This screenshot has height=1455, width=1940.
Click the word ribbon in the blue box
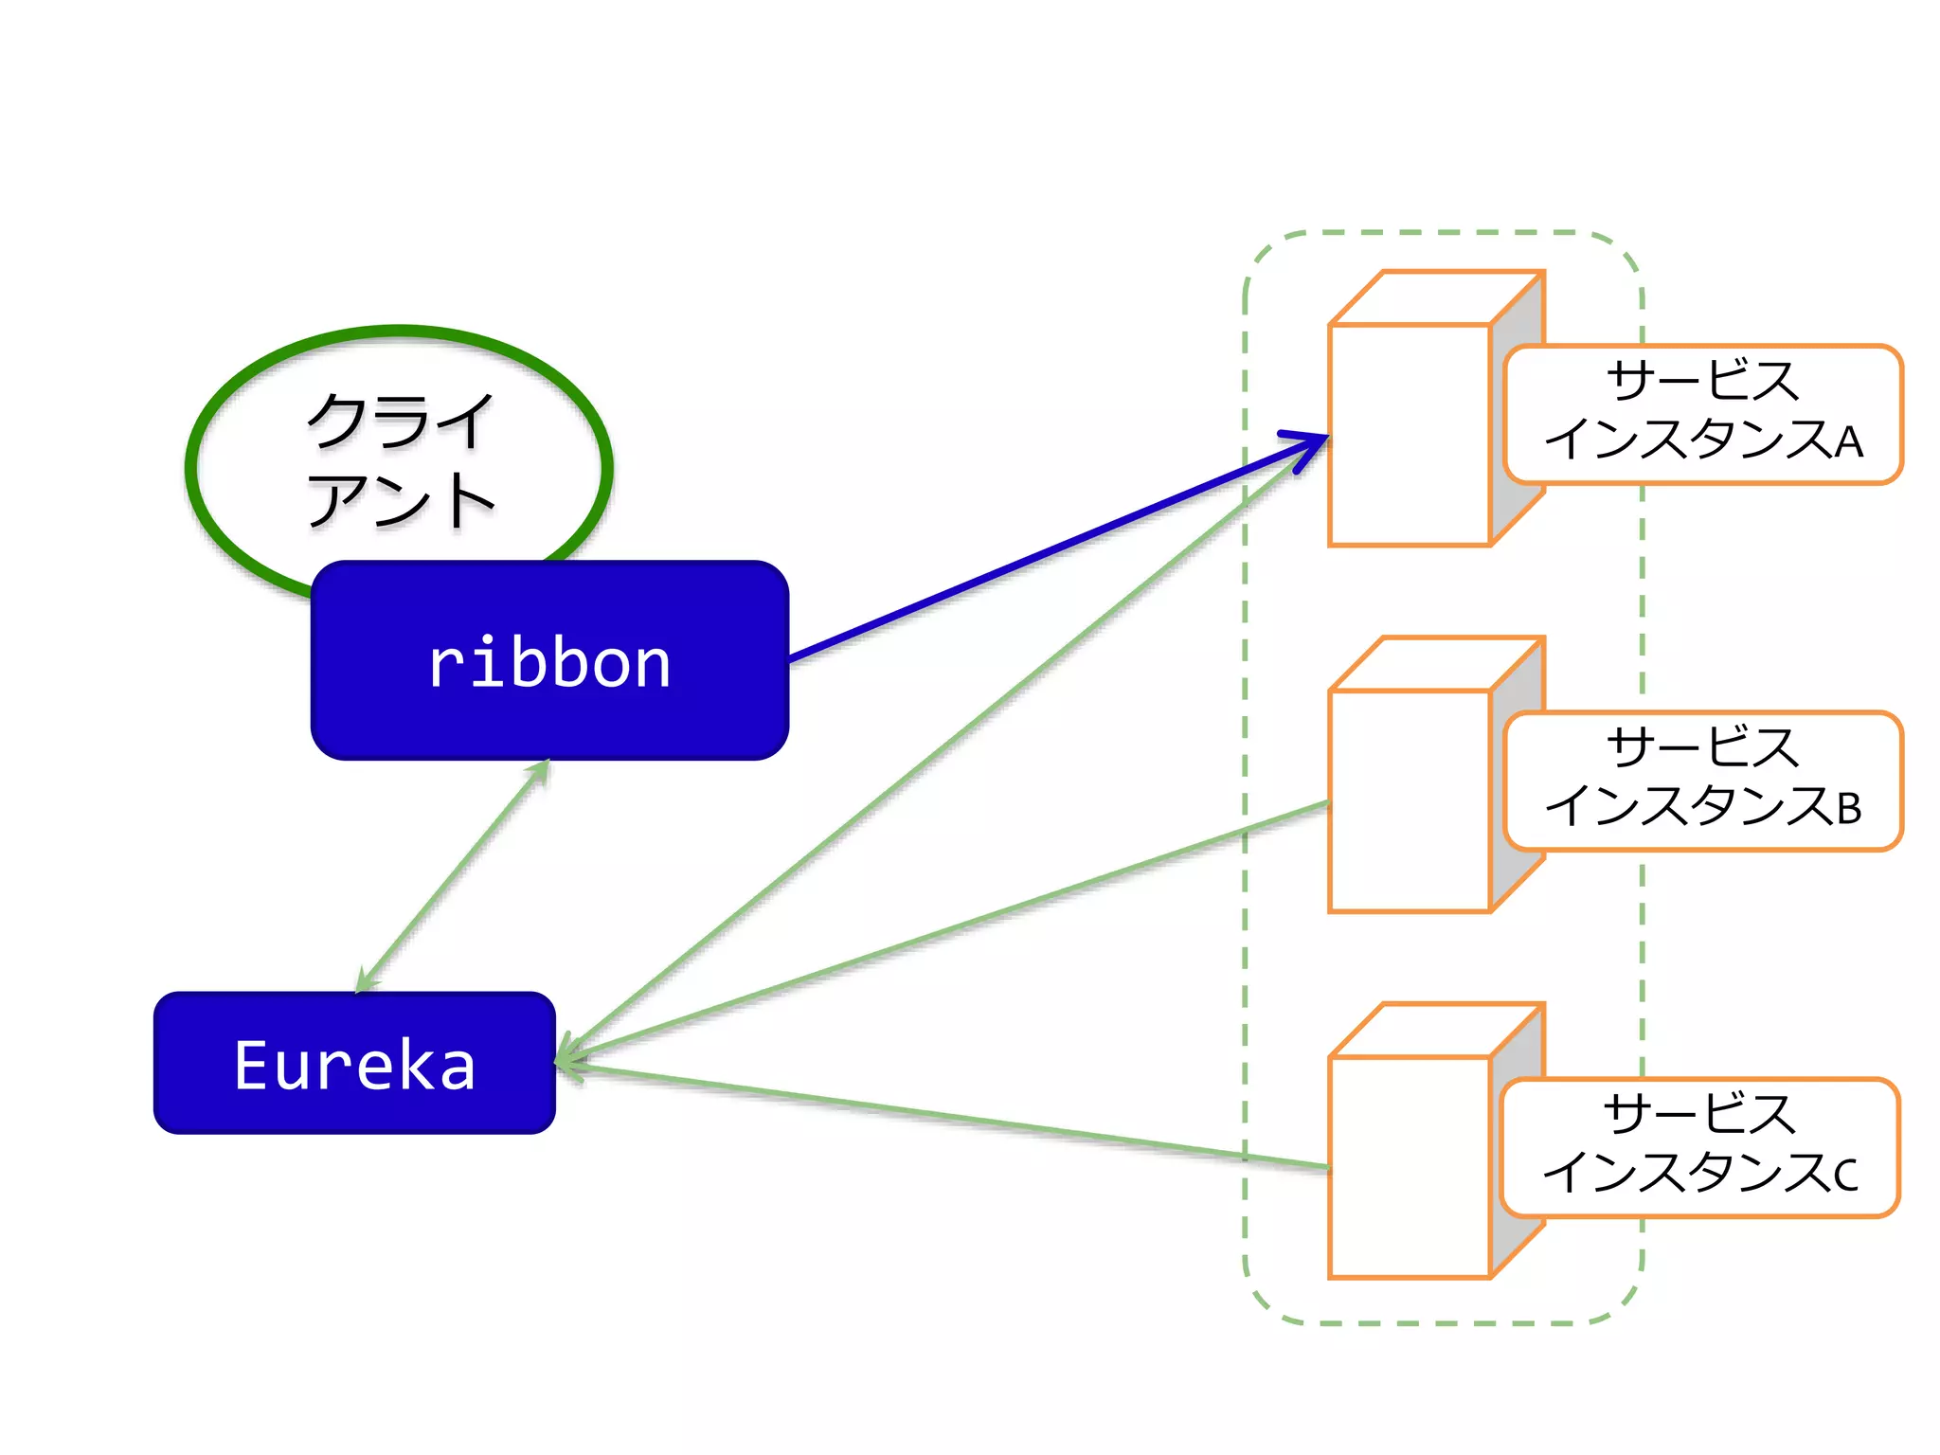click(549, 663)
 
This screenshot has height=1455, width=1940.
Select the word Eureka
click(354, 1066)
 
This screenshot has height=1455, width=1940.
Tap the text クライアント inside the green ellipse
click(400, 460)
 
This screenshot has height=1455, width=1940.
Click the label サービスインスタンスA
click(1702, 413)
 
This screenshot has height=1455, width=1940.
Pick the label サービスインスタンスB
click(1702, 780)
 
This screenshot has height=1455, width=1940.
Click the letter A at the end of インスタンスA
click(1848, 442)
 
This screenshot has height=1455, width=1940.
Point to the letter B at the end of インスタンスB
click(1848, 809)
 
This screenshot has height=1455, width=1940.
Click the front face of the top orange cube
click(1410, 436)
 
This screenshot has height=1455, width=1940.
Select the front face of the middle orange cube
click(1410, 801)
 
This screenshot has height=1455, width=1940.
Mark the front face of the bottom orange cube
click(1410, 1167)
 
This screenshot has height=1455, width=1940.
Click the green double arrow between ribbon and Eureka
click(453, 876)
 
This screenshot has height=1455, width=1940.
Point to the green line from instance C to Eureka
click(947, 1116)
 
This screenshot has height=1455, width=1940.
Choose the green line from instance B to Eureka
click(947, 931)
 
